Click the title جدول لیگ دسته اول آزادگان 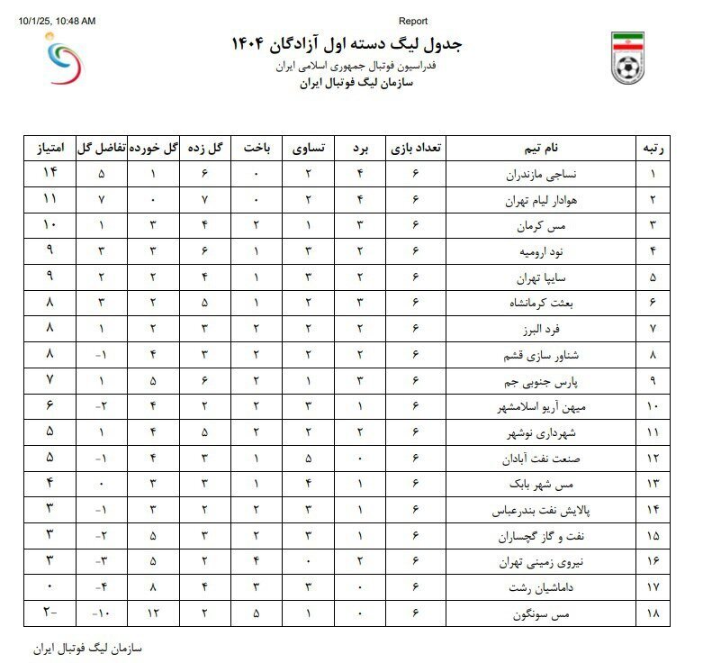point(347,44)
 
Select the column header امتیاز point(49,148)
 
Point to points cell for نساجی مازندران point(49,174)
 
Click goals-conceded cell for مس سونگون point(155,615)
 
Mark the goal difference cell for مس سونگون point(103,615)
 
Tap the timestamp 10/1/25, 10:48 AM point(56,21)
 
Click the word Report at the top point(412,21)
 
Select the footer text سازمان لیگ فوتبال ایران point(87,649)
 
